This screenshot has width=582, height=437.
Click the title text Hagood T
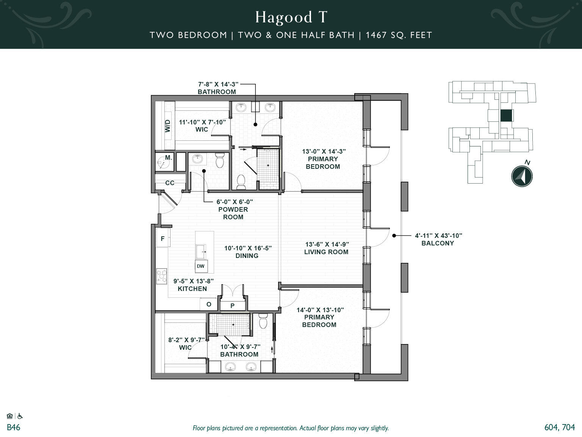(x=291, y=17)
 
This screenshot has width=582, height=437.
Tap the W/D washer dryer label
(x=168, y=126)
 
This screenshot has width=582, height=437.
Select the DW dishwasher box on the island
(x=201, y=266)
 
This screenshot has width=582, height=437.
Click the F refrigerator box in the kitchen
(x=163, y=239)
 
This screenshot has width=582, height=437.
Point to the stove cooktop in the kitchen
(x=162, y=276)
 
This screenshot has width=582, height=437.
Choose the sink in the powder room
(x=197, y=159)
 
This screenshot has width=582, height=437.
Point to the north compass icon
(x=522, y=176)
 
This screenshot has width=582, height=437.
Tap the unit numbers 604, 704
(x=560, y=427)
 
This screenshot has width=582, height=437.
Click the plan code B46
(x=14, y=427)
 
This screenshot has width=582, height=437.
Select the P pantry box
(x=232, y=306)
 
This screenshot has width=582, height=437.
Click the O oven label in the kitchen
(x=209, y=304)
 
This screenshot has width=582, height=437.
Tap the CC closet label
(x=170, y=183)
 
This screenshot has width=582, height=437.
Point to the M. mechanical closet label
(x=169, y=157)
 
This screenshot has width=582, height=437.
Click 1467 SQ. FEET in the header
(x=399, y=35)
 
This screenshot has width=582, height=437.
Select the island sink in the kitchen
(x=201, y=251)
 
